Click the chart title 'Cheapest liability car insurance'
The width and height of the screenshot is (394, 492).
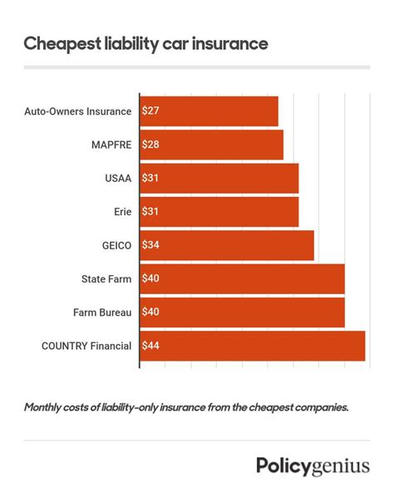(x=145, y=43)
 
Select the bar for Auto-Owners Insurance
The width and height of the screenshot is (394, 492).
(x=209, y=111)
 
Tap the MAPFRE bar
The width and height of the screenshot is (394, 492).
(x=211, y=145)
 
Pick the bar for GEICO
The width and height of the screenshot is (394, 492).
(x=227, y=245)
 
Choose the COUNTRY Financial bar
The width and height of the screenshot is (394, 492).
(x=253, y=345)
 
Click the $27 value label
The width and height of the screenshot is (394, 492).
(x=151, y=111)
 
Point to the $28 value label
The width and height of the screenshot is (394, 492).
(x=151, y=145)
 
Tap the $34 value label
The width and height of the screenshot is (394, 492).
(x=151, y=245)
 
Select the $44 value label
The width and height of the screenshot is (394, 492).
(x=151, y=345)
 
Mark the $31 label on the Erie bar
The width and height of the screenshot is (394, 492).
(x=151, y=212)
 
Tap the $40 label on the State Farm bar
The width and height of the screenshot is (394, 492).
(x=151, y=278)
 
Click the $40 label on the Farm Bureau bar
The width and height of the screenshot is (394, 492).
(x=151, y=312)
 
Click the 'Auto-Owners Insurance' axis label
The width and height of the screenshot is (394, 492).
(x=78, y=111)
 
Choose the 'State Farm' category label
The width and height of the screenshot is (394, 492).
(x=106, y=278)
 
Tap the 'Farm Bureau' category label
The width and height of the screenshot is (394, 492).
(x=103, y=312)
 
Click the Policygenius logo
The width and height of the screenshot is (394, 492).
(x=313, y=465)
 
